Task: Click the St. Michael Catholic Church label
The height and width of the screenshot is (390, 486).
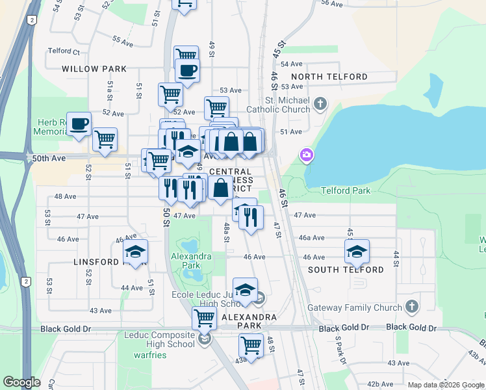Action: tap(277, 105)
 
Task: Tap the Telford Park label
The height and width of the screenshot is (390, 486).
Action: tap(346, 190)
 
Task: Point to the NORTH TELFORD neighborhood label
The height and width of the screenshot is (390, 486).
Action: tap(337, 77)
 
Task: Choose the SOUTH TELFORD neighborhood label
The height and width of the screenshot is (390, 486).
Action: tap(346, 270)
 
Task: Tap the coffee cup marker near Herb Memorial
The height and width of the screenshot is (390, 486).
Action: tap(79, 124)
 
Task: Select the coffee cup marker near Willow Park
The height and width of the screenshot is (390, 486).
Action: tap(187, 71)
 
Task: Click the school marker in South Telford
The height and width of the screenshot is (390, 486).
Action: tap(357, 251)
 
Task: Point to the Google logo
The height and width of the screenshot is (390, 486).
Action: tap(22, 382)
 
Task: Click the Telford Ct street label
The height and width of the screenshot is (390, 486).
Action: tap(64, 51)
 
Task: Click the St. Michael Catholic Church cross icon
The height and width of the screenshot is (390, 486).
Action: tap(320, 103)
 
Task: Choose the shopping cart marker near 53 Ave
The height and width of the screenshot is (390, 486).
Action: tap(170, 94)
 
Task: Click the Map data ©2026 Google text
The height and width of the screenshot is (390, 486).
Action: tap(445, 385)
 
